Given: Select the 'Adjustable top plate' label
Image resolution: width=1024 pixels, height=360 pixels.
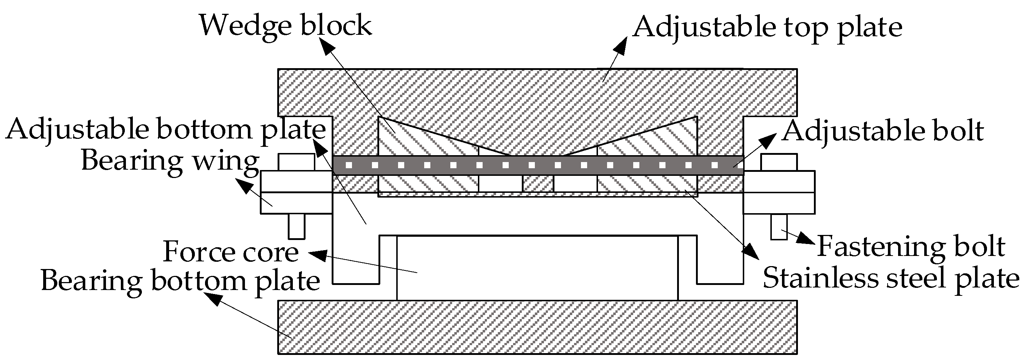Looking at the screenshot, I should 767,28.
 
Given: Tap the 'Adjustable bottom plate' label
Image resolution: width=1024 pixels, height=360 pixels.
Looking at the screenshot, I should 165,130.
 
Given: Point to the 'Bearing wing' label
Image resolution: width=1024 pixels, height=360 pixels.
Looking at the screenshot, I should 170,161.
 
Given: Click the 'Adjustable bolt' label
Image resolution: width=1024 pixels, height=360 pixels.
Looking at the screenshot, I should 882,131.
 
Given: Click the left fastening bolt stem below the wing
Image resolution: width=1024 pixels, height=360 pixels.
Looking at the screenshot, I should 296,227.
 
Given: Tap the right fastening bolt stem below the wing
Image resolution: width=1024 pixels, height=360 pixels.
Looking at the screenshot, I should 779,227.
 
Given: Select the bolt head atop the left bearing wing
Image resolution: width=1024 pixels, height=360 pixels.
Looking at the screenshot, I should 296,162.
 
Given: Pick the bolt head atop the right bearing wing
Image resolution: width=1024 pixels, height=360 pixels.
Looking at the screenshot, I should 779,162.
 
